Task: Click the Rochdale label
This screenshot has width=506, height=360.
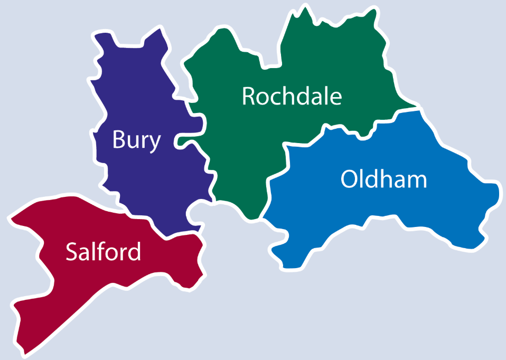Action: pyautogui.click(x=292, y=96)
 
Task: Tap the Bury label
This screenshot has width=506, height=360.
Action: pyautogui.click(x=136, y=140)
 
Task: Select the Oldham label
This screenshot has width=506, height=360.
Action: pyautogui.click(x=383, y=180)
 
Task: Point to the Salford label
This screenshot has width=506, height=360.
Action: pyautogui.click(x=104, y=252)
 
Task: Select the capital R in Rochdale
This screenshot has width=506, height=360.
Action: pyautogui.click(x=249, y=96)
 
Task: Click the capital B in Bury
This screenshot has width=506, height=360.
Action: pyautogui.click(x=119, y=140)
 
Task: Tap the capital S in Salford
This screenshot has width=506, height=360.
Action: pyautogui.click(x=72, y=252)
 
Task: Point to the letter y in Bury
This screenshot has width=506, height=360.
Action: pyautogui.click(x=154, y=143)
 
